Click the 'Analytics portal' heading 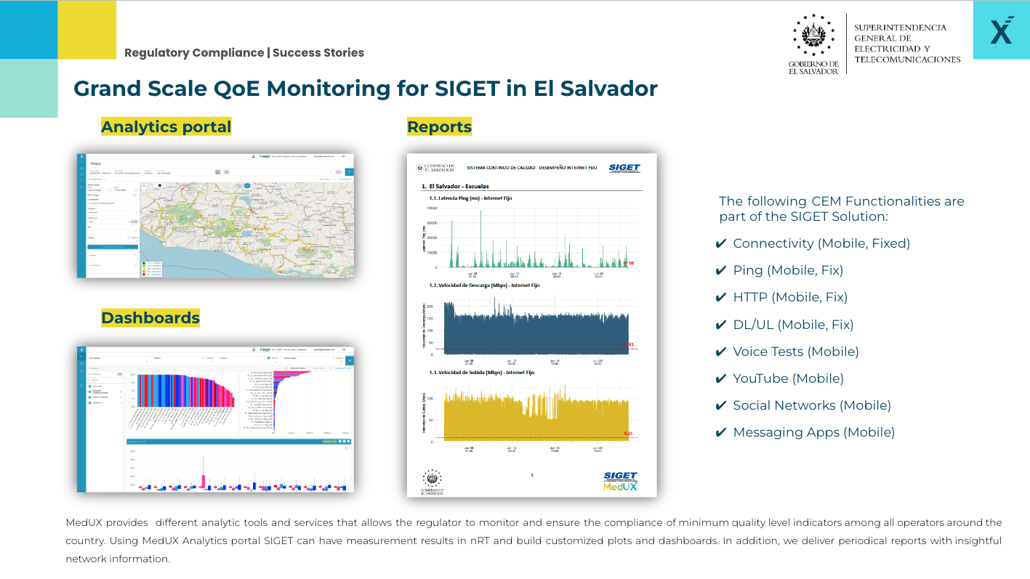click(x=166, y=126)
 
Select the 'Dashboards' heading click(x=150, y=317)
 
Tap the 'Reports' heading click(x=439, y=126)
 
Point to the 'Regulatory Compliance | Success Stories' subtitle click(x=244, y=53)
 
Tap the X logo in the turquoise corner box click(x=1001, y=31)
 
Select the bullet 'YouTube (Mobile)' click(x=788, y=378)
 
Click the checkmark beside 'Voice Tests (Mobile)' click(x=721, y=352)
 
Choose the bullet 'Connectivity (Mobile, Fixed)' click(x=821, y=243)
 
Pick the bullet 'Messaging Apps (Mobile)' click(x=813, y=432)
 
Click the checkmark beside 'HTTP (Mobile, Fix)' click(x=721, y=298)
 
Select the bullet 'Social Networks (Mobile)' click(x=811, y=405)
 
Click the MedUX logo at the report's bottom click(x=620, y=486)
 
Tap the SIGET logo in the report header click(x=624, y=168)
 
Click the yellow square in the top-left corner click(x=86, y=30)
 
